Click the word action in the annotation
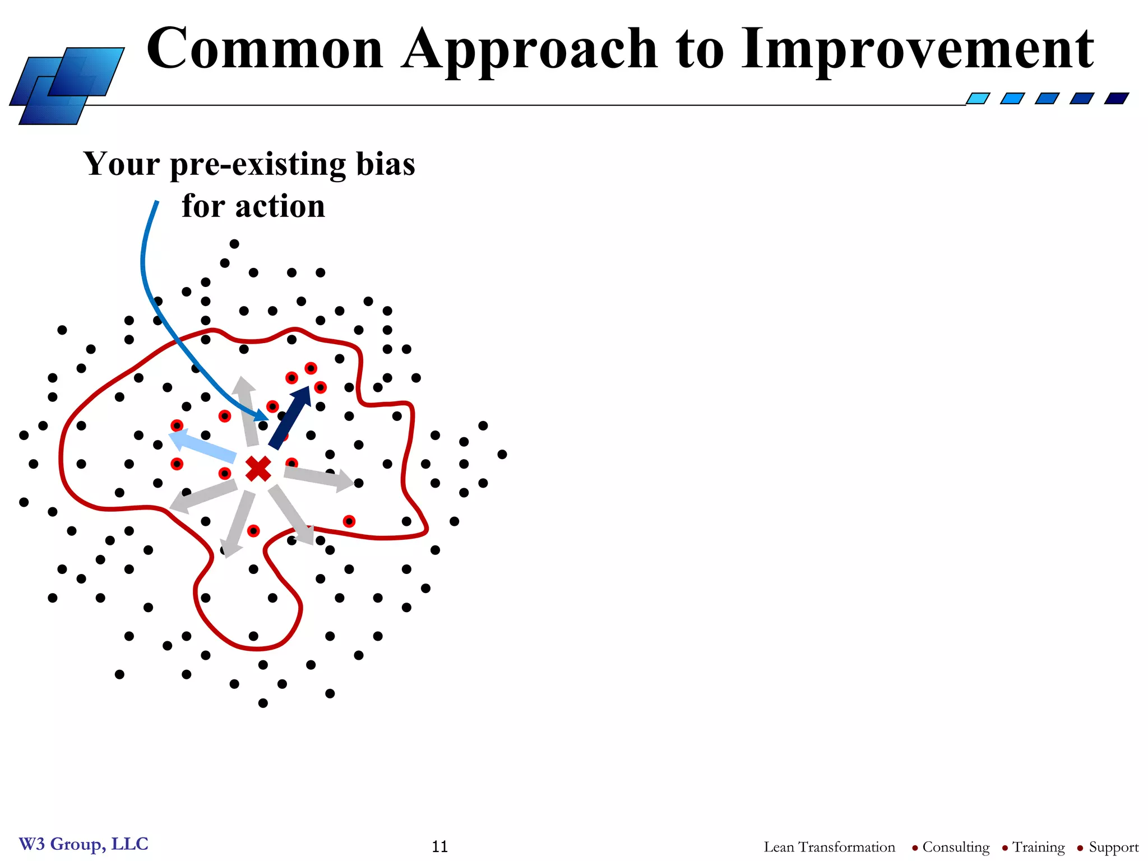tap(280, 206)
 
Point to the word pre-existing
tap(258, 165)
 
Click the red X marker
tap(258, 469)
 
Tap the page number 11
tap(440, 846)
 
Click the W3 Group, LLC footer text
tap(84, 844)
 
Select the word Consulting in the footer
tap(956, 847)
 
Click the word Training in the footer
tap(1038, 847)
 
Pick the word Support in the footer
tap(1113, 847)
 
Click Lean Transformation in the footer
tap(829, 847)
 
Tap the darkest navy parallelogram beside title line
tap(1116, 99)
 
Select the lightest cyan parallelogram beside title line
tap(978, 99)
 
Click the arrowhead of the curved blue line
tap(262, 416)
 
